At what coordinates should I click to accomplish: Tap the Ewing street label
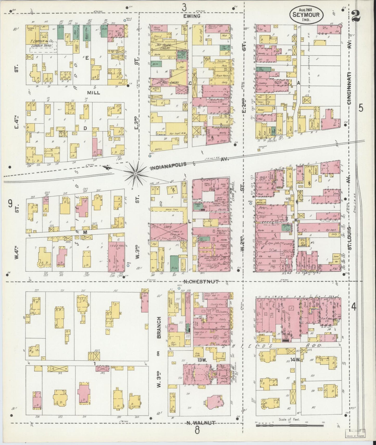192,16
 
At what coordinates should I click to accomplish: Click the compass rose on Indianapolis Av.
136,172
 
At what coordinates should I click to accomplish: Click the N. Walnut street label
201,423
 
